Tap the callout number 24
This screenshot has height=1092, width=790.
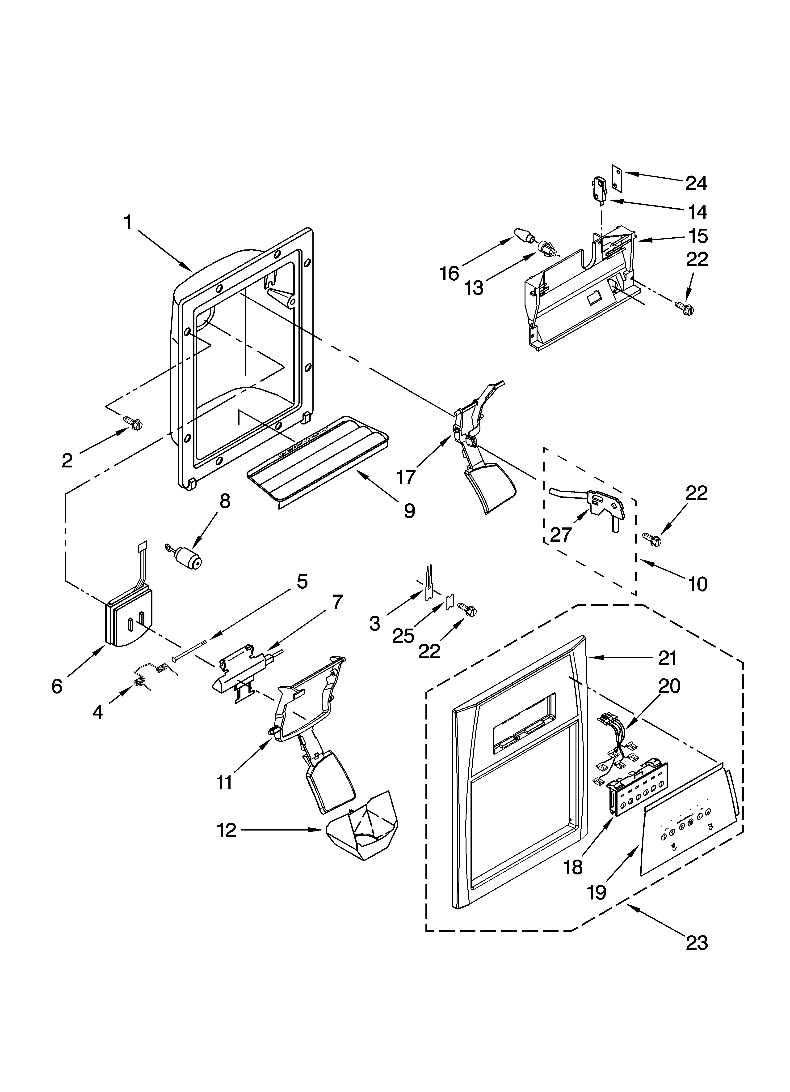[696, 184]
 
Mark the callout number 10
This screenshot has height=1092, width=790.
[698, 584]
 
